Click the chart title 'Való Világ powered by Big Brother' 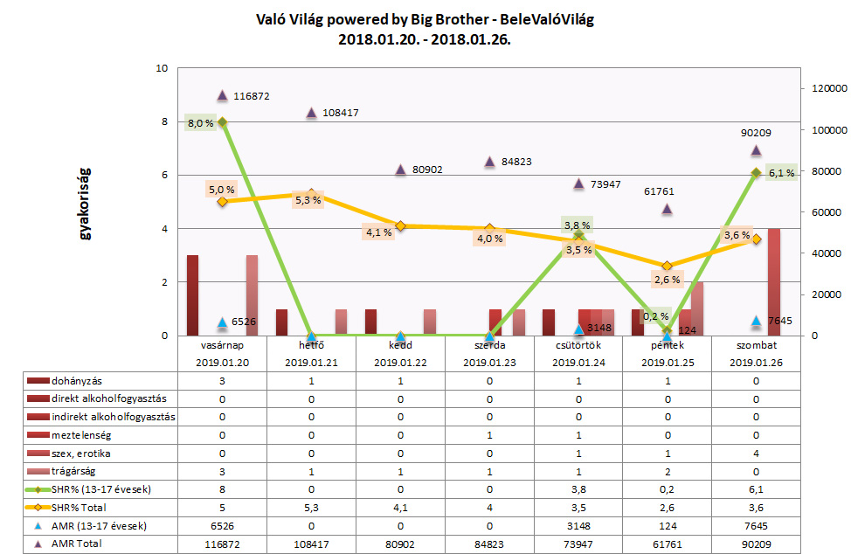coord(425,19)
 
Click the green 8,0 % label coord(201,123)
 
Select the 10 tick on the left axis coord(163,68)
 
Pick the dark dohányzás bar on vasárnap coord(192,295)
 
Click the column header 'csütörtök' coord(578,346)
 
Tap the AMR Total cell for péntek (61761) coord(668,544)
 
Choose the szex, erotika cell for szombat coord(756,453)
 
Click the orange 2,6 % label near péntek coord(667,280)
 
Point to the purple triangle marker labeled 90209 coord(757,150)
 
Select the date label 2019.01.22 coord(400,362)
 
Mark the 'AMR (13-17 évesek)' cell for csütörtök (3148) coord(578,525)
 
